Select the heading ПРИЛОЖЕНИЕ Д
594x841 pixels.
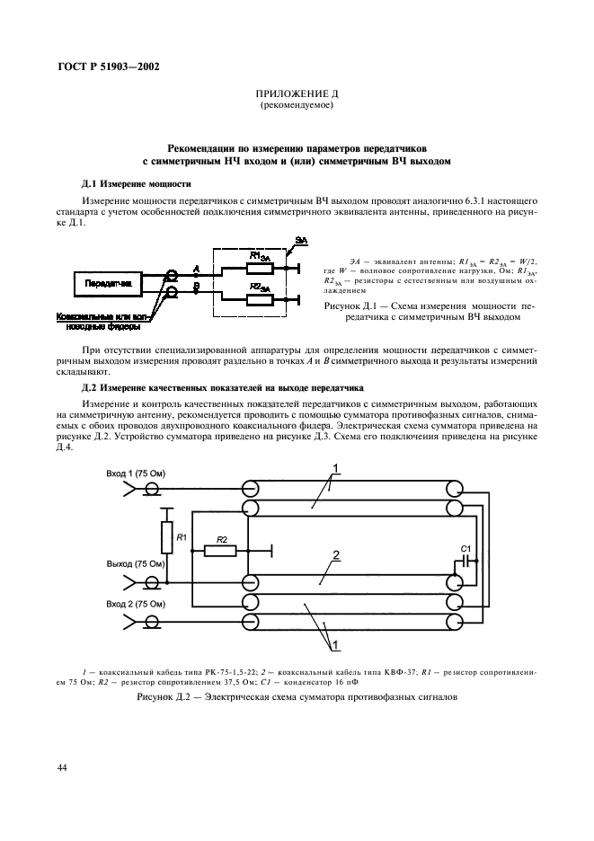pos(296,94)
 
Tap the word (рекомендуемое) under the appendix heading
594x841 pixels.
pos(296,106)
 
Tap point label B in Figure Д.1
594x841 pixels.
pos(196,286)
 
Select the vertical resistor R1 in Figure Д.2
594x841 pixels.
pos(166,536)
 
